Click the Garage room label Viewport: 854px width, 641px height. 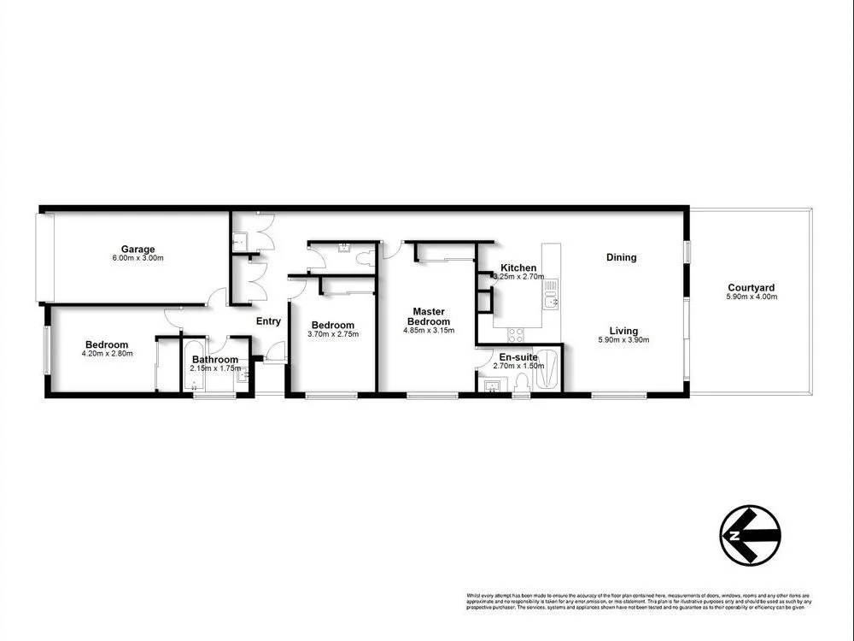point(137,250)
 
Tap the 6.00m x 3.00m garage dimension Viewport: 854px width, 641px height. point(137,258)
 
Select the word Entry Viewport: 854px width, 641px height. point(269,321)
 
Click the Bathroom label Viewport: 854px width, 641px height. point(214,360)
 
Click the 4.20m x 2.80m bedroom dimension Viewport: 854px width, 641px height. point(107,354)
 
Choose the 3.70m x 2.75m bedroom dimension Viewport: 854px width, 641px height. point(332,334)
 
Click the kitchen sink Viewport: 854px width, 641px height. point(551,299)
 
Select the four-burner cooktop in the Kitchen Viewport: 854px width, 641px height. point(516,333)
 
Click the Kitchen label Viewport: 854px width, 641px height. point(518,268)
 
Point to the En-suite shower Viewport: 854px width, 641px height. point(549,370)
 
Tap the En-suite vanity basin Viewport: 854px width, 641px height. point(492,387)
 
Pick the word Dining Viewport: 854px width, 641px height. point(621,257)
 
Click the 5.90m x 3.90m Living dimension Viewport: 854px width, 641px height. point(623,340)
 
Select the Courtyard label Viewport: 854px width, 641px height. point(752,288)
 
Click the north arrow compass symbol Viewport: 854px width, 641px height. point(750,535)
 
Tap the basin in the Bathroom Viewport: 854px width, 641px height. point(243,373)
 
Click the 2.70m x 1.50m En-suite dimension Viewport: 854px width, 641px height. point(518,366)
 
